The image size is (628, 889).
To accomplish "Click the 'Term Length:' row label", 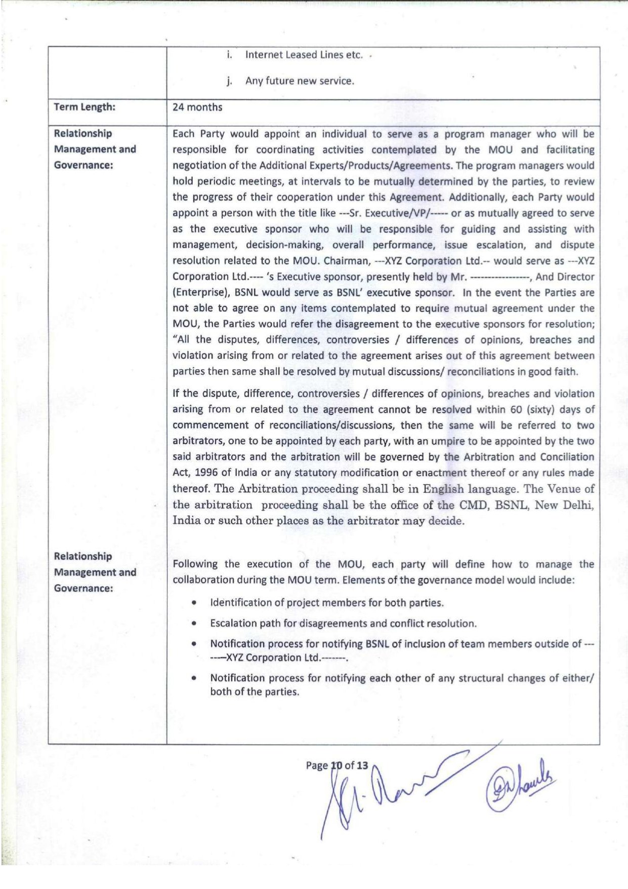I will [x=85, y=107].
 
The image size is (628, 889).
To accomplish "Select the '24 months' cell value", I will [x=197, y=107].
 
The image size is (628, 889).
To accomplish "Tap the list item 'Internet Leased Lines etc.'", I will [x=304, y=55].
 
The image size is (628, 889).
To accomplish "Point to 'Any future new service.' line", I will [x=300, y=81].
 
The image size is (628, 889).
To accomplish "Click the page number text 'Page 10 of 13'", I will [x=337, y=765].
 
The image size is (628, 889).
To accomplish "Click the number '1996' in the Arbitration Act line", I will [x=206, y=473].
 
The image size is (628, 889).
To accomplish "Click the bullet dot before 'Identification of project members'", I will [x=194, y=603].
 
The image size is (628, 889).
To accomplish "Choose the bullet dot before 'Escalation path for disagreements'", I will [x=194, y=624].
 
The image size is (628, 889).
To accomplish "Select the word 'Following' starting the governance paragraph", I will [x=195, y=564].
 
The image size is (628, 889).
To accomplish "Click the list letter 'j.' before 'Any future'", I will [x=229, y=81].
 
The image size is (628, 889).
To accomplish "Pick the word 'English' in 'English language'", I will [x=443, y=489].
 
